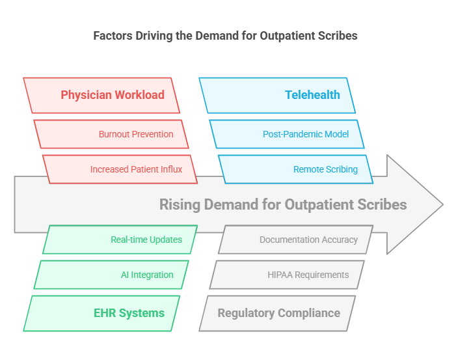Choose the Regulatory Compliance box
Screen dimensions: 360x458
[x=278, y=313]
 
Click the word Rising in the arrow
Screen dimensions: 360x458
[x=180, y=205]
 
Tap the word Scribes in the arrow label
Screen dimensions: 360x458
[x=383, y=205]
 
